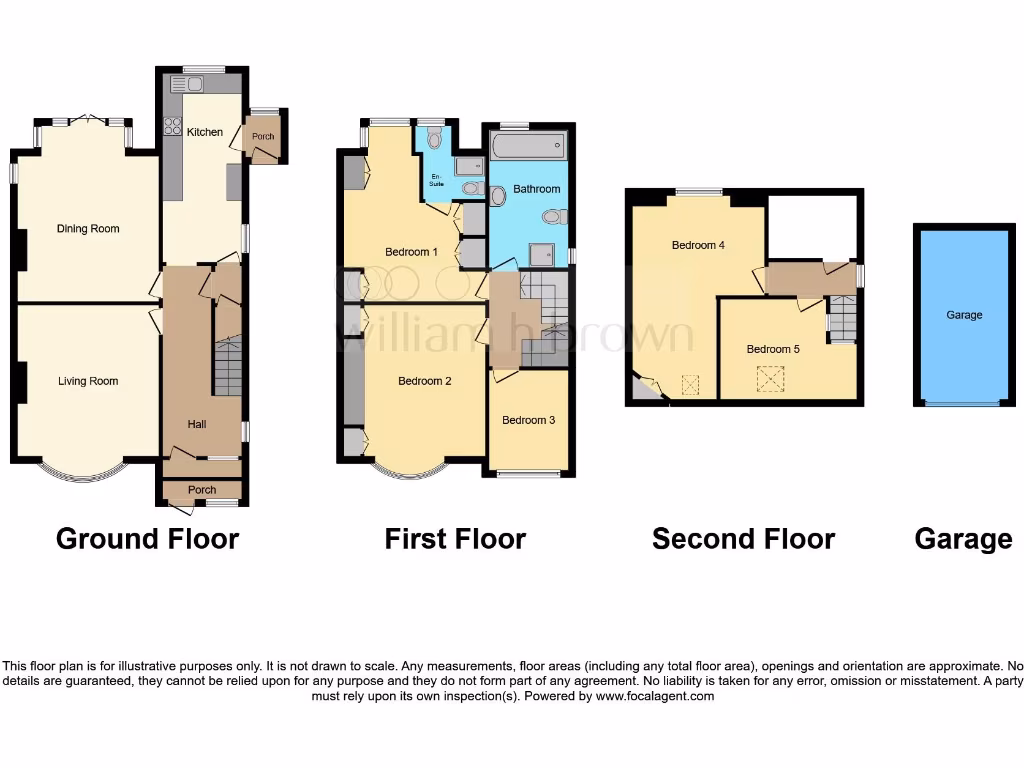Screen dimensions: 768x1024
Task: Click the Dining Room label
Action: click(x=88, y=229)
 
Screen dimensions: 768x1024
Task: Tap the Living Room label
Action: click(x=88, y=381)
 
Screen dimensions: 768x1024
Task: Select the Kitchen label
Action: click(x=204, y=132)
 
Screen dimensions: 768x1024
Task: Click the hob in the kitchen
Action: click(x=172, y=127)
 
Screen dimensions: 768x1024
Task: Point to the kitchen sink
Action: click(x=186, y=83)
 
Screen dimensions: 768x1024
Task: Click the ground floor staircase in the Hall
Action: click(x=228, y=366)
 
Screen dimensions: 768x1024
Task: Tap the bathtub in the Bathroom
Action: click(x=527, y=148)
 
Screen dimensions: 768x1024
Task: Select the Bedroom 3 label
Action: click(x=528, y=420)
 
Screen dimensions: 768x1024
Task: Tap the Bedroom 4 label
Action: click(x=698, y=245)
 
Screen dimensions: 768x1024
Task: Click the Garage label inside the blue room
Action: click(x=964, y=315)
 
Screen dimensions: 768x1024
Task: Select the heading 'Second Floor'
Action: click(x=743, y=539)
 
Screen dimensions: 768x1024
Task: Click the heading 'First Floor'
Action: click(x=455, y=539)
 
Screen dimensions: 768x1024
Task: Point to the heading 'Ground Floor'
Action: click(x=147, y=539)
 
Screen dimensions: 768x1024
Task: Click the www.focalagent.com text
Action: click(x=655, y=696)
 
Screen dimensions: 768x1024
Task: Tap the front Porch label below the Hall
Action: click(x=202, y=490)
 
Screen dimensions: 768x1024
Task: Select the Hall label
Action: click(x=197, y=425)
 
